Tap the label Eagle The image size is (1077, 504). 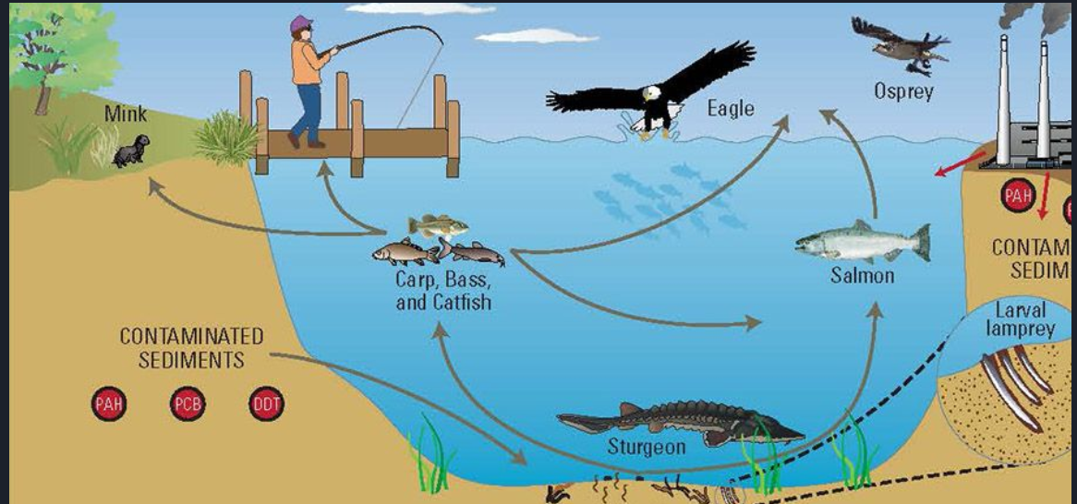pyautogui.click(x=731, y=108)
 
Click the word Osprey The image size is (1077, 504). pyautogui.click(x=904, y=91)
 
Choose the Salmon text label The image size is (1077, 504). pyautogui.click(x=862, y=275)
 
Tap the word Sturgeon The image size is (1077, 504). pyautogui.click(x=647, y=448)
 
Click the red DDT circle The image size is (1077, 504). pyautogui.click(x=266, y=404)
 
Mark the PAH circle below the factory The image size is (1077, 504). pyautogui.click(x=1017, y=195)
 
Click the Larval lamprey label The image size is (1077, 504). pyautogui.click(x=1020, y=318)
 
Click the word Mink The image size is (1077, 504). pyautogui.click(x=126, y=114)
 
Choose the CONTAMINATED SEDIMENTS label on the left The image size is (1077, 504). pyautogui.click(x=191, y=347)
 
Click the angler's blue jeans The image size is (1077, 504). pyautogui.click(x=307, y=111)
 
